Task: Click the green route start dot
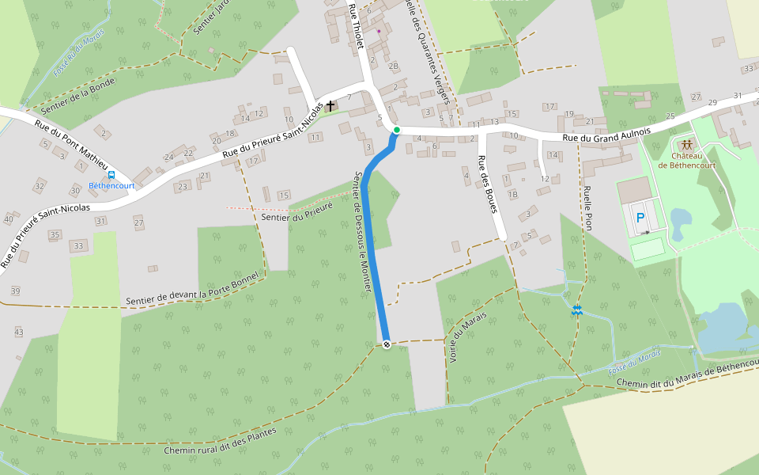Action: pos(397,130)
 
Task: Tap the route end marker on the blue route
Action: pos(387,344)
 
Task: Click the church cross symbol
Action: pos(330,105)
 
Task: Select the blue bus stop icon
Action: pos(111,175)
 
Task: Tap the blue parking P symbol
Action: pos(640,217)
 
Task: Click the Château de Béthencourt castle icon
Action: pos(686,145)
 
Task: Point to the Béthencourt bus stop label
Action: pos(111,186)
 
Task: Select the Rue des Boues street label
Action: pos(487,184)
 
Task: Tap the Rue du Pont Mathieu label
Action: pos(70,142)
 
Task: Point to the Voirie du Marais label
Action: pos(466,338)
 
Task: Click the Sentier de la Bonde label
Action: pos(77,96)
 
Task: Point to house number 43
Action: pos(19,332)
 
